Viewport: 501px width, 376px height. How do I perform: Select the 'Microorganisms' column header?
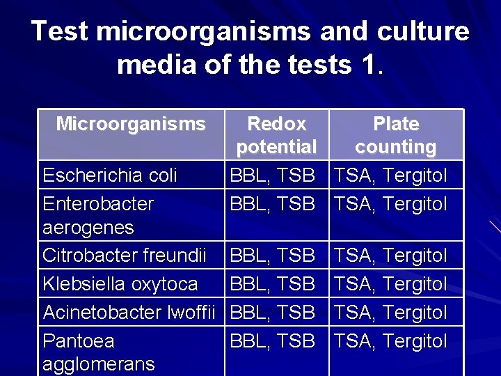131,125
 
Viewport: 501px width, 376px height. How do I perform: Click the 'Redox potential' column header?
277,136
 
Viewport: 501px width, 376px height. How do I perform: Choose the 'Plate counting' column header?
395,136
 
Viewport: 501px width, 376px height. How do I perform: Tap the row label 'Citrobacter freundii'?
125,256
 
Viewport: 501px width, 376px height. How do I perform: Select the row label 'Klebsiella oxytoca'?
120,284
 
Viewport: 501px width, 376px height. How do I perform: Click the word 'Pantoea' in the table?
79,341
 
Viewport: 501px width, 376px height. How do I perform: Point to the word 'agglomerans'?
99,364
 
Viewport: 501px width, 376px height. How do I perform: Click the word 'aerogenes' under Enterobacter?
88,228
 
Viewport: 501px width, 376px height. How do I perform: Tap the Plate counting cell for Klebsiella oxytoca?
391,284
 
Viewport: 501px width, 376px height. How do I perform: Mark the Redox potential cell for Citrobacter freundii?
272,256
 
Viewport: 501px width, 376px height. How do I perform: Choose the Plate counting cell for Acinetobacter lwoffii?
391,313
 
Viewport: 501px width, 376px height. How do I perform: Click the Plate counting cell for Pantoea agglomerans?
391,341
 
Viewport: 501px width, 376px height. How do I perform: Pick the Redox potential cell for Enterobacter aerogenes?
272,204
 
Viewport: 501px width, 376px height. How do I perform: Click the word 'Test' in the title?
60,31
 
